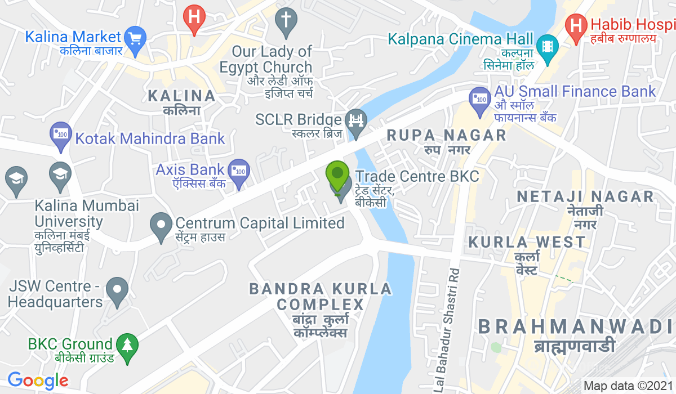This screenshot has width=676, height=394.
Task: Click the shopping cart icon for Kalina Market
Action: click(x=135, y=38)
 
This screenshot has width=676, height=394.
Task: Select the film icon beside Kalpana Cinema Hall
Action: click(x=546, y=44)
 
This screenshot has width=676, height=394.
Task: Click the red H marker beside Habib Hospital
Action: click(x=576, y=26)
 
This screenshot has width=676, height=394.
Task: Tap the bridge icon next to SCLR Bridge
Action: click(x=356, y=120)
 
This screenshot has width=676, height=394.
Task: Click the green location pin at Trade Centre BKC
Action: click(x=337, y=175)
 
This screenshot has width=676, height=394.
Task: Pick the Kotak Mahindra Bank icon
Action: click(x=61, y=134)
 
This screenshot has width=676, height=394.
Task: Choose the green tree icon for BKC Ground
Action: click(x=126, y=344)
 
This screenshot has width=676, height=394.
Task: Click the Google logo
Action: click(x=38, y=380)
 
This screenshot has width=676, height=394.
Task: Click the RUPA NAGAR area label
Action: click(x=447, y=135)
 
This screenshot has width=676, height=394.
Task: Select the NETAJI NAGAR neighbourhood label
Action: click(x=585, y=196)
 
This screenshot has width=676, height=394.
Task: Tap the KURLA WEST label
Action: click(x=527, y=243)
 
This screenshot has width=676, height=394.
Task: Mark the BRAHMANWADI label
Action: click(x=575, y=326)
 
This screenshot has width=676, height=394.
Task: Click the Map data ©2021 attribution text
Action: click(x=628, y=386)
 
